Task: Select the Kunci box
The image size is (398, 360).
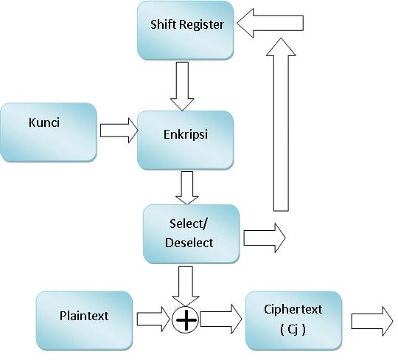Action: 49,132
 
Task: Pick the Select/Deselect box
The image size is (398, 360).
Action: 191,234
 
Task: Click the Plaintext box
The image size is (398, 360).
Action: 84,320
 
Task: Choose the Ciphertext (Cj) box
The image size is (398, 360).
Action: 293,320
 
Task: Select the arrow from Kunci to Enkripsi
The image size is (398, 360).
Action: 118,131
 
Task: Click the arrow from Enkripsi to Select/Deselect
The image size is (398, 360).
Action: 187,187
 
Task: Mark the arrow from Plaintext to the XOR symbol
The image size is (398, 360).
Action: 153,320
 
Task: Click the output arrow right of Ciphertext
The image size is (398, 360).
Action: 371,321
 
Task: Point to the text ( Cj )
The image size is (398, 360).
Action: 294,329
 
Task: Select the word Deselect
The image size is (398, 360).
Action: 190,243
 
